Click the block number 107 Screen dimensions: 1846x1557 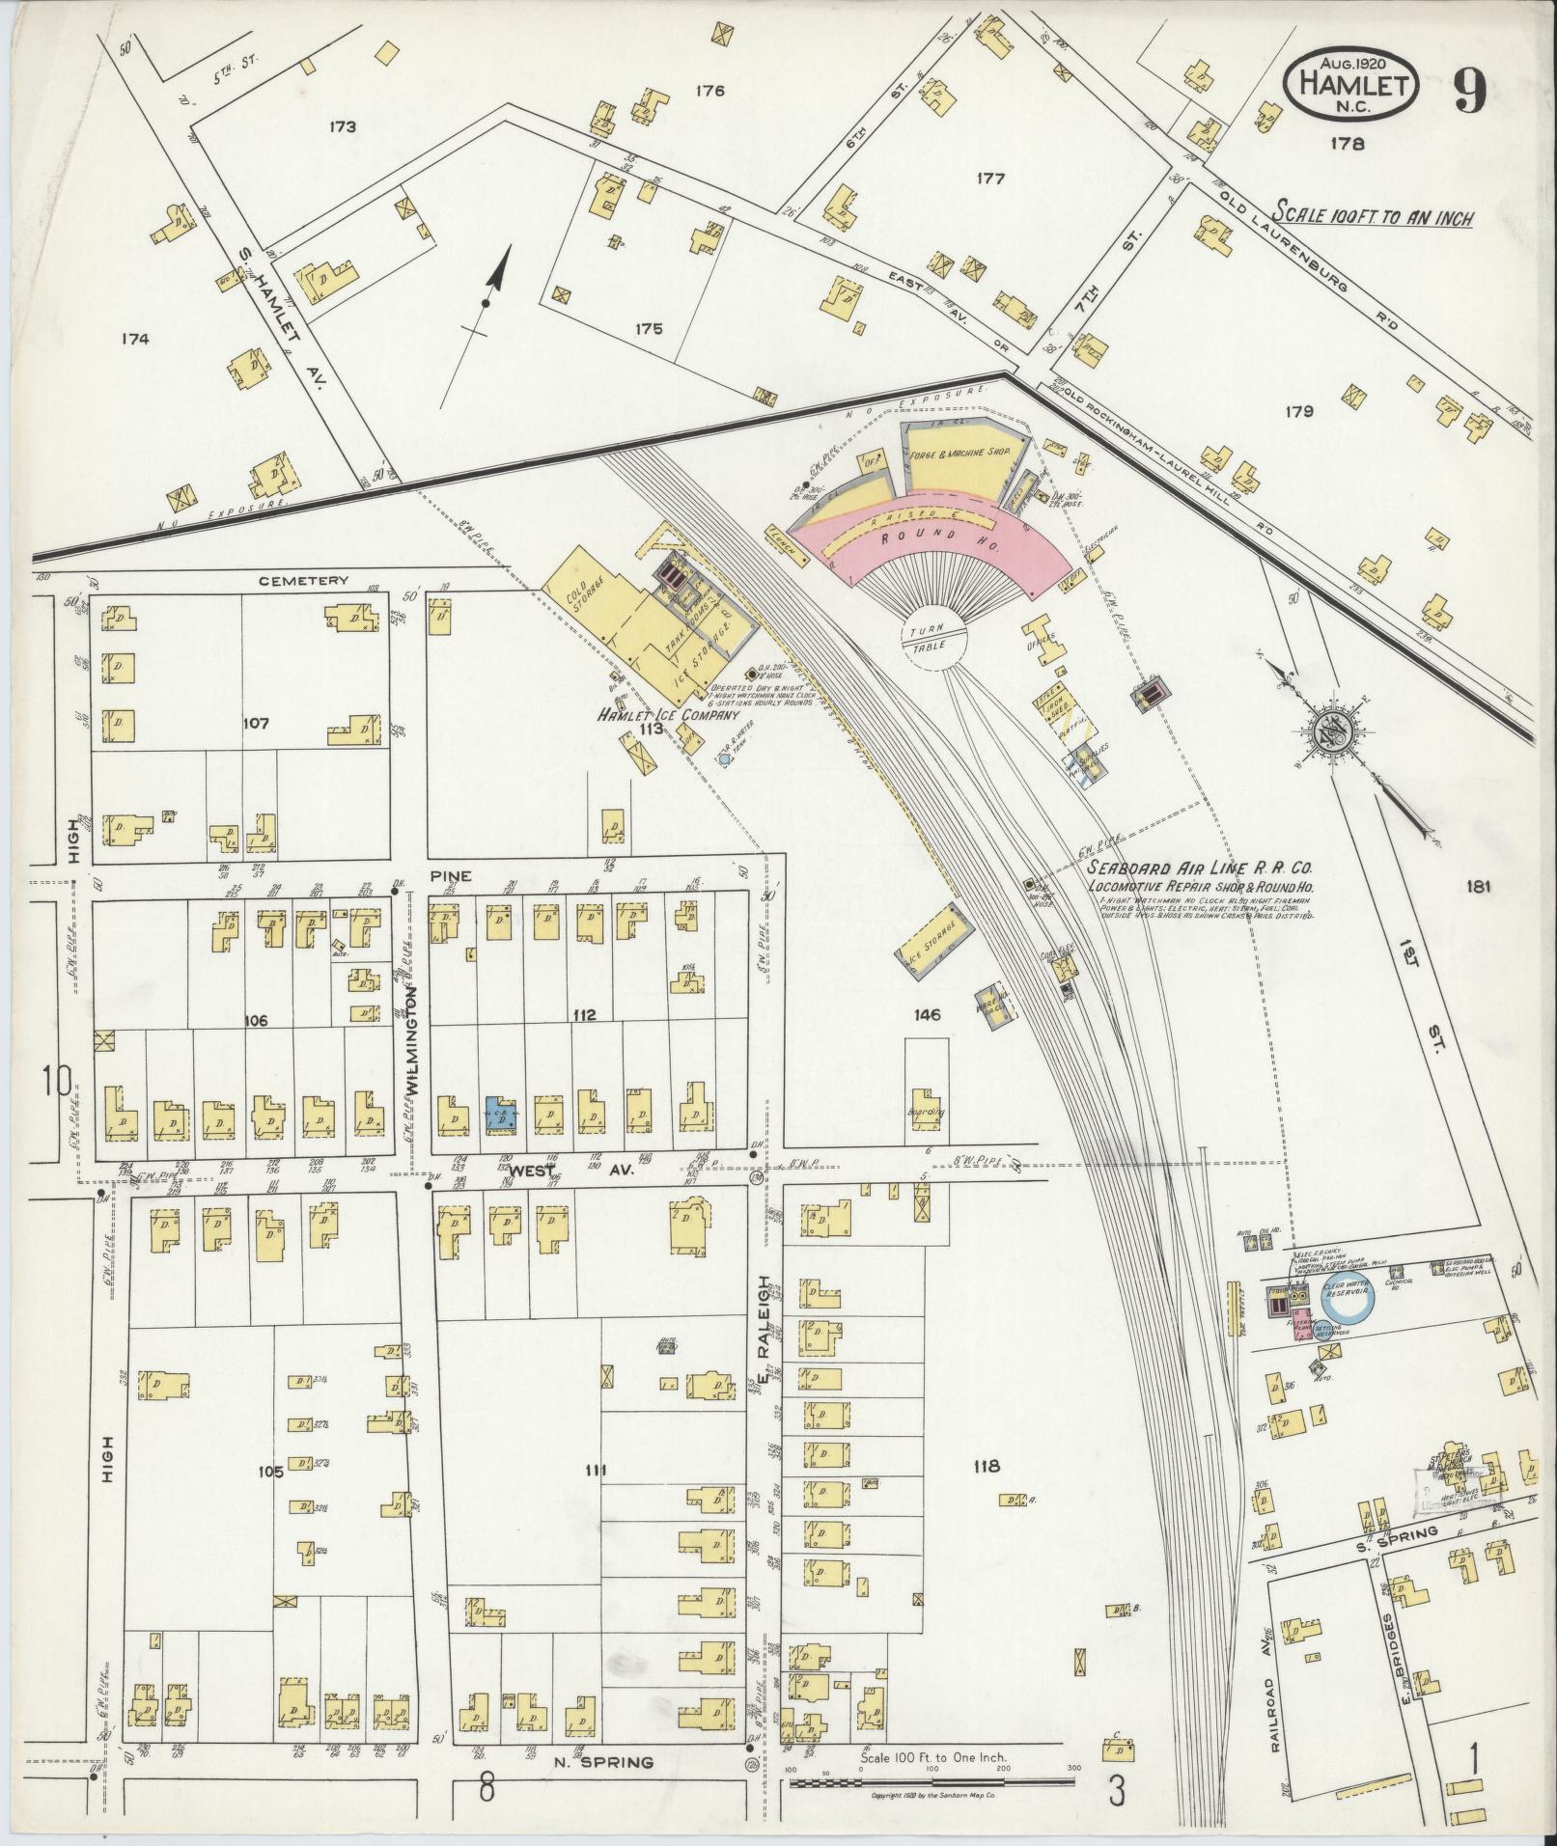point(256,722)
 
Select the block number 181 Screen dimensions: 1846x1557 point(1477,886)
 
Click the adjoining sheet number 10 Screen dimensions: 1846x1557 point(56,1082)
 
